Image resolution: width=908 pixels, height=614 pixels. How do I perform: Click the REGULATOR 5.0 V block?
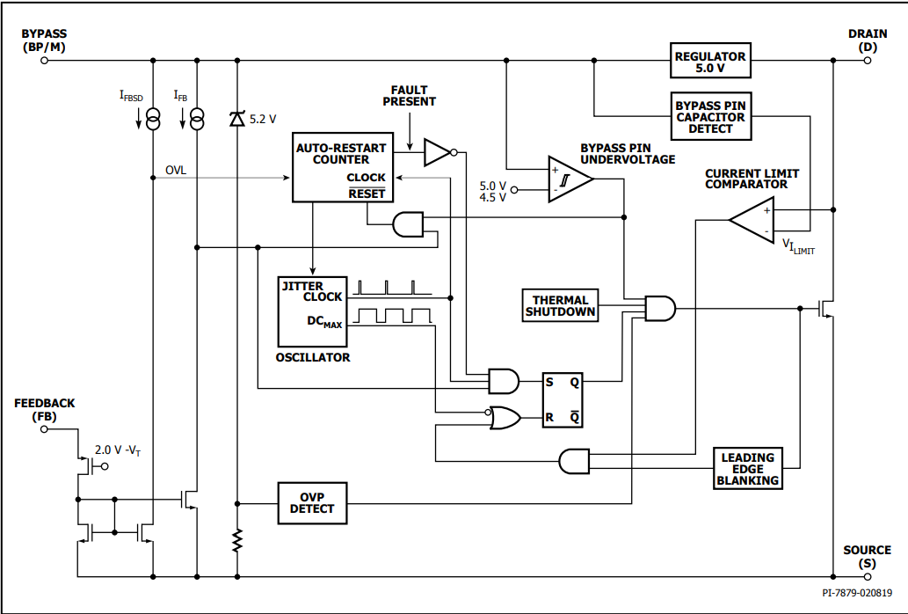click(x=710, y=60)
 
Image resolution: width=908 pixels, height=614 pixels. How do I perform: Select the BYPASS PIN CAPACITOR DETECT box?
click(x=711, y=116)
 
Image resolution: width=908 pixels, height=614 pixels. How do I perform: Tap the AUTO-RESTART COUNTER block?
click(x=343, y=167)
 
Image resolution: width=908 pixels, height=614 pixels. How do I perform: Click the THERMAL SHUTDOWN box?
click(x=560, y=305)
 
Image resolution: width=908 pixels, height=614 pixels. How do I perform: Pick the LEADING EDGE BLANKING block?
click(x=748, y=469)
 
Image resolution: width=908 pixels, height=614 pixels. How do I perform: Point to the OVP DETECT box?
click(x=312, y=503)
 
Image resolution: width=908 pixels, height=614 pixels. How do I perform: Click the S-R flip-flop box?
click(x=563, y=399)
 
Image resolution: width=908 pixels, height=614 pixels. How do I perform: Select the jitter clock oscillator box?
click(x=313, y=311)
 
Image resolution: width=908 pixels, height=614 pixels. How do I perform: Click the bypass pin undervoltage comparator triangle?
click(x=570, y=179)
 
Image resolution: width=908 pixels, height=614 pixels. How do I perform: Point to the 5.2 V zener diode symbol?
click(x=236, y=119)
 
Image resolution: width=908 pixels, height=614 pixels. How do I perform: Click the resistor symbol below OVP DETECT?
click(x=236, y=540)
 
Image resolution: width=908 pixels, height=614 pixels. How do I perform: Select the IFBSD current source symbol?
click(x=154, y=119)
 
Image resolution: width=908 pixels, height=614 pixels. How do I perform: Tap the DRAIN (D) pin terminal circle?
click(x=867, y=60)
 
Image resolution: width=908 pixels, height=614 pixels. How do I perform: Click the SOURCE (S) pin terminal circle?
click(x=867, y=576)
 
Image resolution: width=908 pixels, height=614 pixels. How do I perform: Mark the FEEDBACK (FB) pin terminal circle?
click(x=44, y=429)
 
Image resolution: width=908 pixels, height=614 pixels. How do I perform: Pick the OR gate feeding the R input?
click(x=505, y=417)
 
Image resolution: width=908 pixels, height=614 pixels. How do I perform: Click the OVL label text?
click(x=176, y=171)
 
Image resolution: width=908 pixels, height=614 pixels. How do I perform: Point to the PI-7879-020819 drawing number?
click(x=857, y=593)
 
